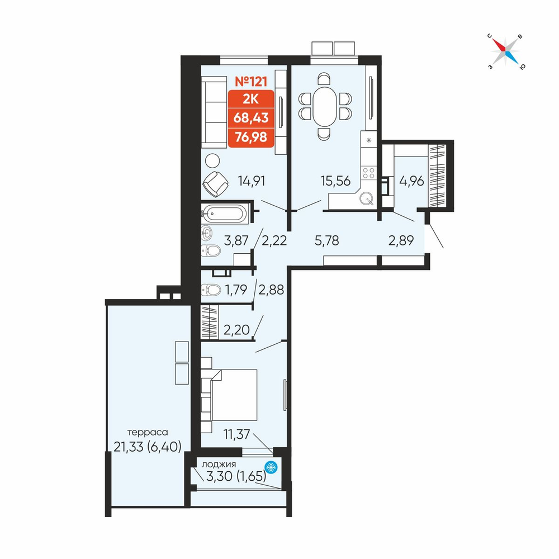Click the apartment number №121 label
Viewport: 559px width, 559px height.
[251, 82]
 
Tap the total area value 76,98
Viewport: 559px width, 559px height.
[251, 136]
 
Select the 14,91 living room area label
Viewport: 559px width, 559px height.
[252, 181]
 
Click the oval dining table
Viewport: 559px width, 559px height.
[324, 106]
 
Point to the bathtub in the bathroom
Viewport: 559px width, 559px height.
[225, 214]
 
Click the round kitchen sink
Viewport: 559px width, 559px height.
[367, 198]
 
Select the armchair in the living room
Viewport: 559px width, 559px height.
[215, 184]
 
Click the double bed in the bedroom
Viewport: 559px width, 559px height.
[234, 395]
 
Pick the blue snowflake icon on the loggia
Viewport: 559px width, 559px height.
[271, 467]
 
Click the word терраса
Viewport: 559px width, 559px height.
[147, 433]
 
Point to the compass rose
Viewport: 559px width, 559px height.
[505, 51]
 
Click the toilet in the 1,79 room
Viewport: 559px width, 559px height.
[211, 290]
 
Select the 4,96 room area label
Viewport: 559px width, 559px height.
[412, 181]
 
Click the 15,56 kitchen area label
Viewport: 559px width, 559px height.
[335, 181]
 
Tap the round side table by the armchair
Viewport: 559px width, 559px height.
[212, 160]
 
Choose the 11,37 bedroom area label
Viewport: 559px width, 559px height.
[236, 434]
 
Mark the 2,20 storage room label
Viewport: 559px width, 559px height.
[236, 330]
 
